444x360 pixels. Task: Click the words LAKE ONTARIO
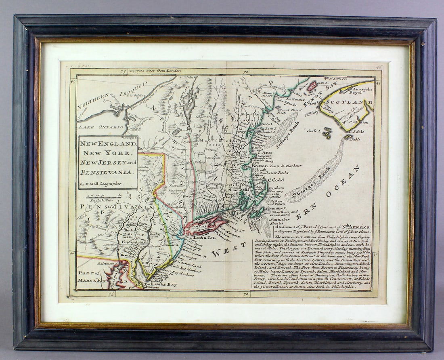[x=101, y=127]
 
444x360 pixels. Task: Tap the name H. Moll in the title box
[x=94, y=184]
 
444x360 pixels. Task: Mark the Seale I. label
[x=314, y=131]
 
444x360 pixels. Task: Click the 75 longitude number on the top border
[x=123, y=72]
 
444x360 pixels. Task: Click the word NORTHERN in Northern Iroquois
[x=94, y=101]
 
